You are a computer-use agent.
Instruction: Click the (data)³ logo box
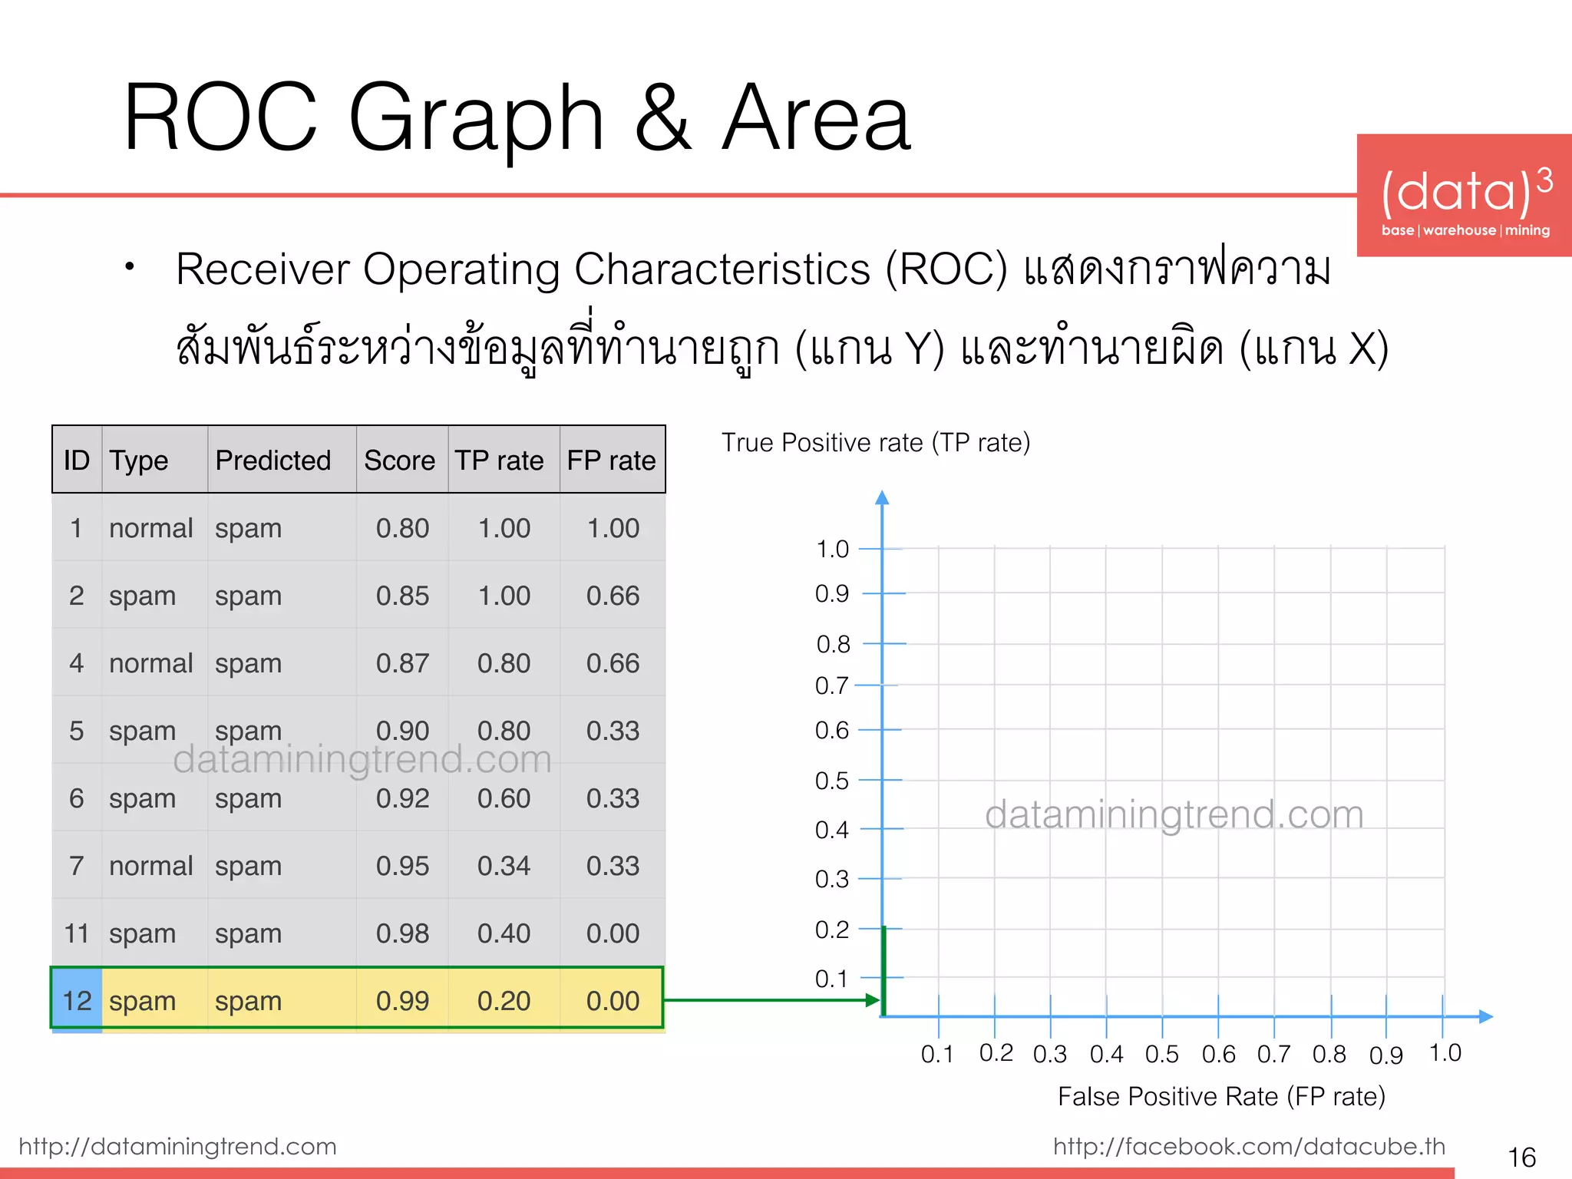coord(1465,196)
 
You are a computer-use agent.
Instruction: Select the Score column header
coord(399,461)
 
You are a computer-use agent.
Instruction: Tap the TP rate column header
coord(500,461)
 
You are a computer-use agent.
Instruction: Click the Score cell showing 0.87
coord(402,663)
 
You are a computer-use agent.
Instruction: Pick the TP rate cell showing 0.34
coord(504,866)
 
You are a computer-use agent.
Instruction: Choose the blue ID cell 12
coord(77,1001)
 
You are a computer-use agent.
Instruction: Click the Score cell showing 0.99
coord(402,1001)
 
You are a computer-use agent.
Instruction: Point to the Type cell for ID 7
coord(150,866)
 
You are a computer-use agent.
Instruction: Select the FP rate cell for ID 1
coord(613,528)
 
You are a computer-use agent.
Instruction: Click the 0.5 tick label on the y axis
coord(832,781)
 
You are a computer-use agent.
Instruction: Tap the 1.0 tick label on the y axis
coord(832,549)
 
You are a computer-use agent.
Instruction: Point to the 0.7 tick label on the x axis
coord(1274,1054)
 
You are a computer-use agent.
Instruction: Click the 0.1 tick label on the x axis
coord(937,1054)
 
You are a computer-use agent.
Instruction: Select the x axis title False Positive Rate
coord(1221,1096)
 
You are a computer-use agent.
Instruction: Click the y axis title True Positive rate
coord(876,443)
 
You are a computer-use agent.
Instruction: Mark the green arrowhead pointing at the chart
coord(873,1000)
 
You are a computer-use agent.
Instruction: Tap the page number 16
coord(1521,1157)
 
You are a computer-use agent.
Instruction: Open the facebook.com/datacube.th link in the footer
coord(1249,1146)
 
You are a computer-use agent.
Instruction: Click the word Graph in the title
coord(477,119)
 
